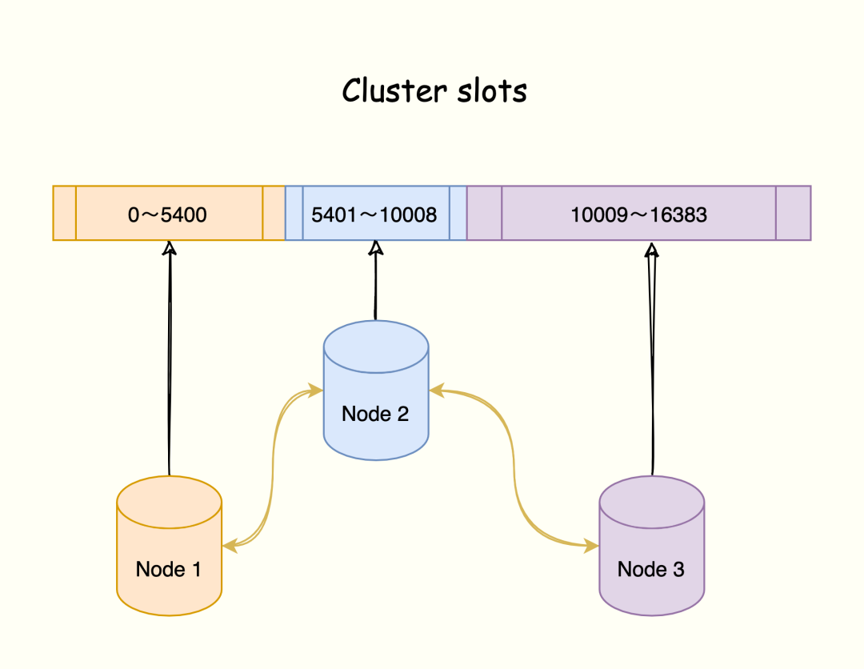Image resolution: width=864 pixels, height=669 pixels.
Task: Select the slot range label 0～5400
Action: point(168,214)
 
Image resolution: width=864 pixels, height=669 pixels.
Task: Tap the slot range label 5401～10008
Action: point(374,214)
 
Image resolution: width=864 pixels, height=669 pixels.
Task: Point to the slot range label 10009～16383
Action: point(638,214)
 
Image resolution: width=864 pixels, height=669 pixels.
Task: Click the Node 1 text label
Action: point(168,569)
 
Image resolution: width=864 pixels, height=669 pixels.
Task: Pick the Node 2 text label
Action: point(375,414)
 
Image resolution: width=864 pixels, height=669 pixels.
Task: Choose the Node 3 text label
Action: point(650,569)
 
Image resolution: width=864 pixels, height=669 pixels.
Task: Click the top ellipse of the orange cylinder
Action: point(169,502)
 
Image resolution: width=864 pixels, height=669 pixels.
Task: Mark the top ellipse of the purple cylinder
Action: point(652,502)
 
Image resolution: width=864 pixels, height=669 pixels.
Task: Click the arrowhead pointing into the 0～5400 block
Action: point(169,249)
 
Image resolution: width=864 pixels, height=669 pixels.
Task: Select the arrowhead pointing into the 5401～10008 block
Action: point(375,249)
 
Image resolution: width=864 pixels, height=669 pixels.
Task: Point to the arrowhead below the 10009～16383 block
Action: point(652,251)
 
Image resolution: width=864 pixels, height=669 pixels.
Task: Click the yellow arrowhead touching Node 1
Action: point(230,547)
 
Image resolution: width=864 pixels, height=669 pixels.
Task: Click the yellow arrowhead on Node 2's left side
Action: point(315,391)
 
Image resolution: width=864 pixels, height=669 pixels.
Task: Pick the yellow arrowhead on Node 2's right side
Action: point(437,391)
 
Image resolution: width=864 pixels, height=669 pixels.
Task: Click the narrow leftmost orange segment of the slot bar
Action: point(65,213)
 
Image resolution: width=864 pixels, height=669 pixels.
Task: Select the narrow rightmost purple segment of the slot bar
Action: point(793,213)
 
